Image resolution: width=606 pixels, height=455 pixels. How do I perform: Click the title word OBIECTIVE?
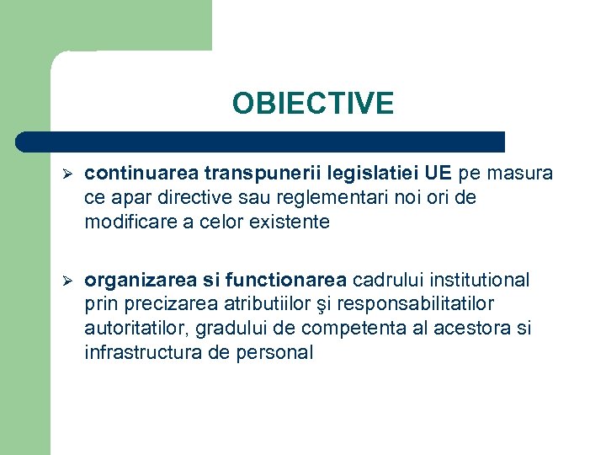click(x=313, y=104)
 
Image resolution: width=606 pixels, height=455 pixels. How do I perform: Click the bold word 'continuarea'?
click(x=138, y=174)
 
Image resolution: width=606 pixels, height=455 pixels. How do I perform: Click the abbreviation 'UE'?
click(x=438, y=174)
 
